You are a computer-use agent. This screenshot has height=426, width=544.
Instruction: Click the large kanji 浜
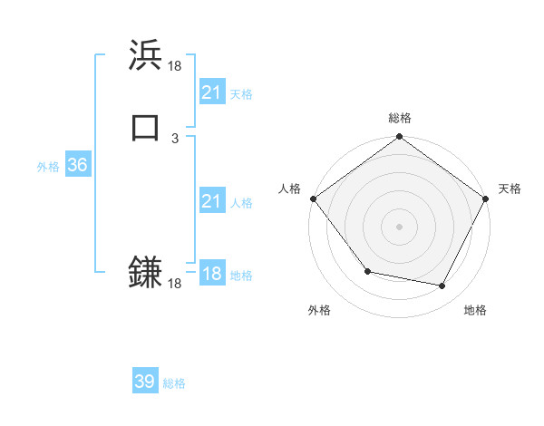[146, 56]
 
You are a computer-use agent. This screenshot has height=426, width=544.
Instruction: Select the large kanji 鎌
[146, 272]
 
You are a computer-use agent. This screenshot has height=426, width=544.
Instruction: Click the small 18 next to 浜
[175, 66]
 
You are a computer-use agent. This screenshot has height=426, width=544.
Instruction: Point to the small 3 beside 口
[175, 138]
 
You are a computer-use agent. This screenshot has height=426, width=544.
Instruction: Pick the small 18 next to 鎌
[175, 284]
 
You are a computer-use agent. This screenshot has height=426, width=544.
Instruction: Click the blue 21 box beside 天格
[211, 92]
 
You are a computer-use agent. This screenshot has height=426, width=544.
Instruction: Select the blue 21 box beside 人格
[211, 201]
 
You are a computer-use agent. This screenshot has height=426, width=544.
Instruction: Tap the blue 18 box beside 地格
[211, 274]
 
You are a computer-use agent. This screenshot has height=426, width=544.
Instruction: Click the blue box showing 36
[77, 165]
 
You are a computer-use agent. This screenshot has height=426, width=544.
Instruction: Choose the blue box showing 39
[145, 382]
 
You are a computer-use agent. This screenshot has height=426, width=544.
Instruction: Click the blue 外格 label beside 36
[48, 167]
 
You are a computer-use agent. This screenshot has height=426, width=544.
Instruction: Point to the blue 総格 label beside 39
[174, 383]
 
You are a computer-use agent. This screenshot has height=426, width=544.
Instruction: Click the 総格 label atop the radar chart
[400, 118]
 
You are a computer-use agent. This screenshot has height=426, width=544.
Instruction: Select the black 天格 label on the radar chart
[510, 189]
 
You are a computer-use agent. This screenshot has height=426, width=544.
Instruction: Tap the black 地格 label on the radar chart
[475, 311]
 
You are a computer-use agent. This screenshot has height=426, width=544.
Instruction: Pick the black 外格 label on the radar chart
[319, 311]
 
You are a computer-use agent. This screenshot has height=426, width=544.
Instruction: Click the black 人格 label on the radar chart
[290, 189]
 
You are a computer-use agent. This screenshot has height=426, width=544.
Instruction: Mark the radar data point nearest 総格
[400, 138]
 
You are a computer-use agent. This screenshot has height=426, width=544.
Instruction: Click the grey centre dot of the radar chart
[400, 227]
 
